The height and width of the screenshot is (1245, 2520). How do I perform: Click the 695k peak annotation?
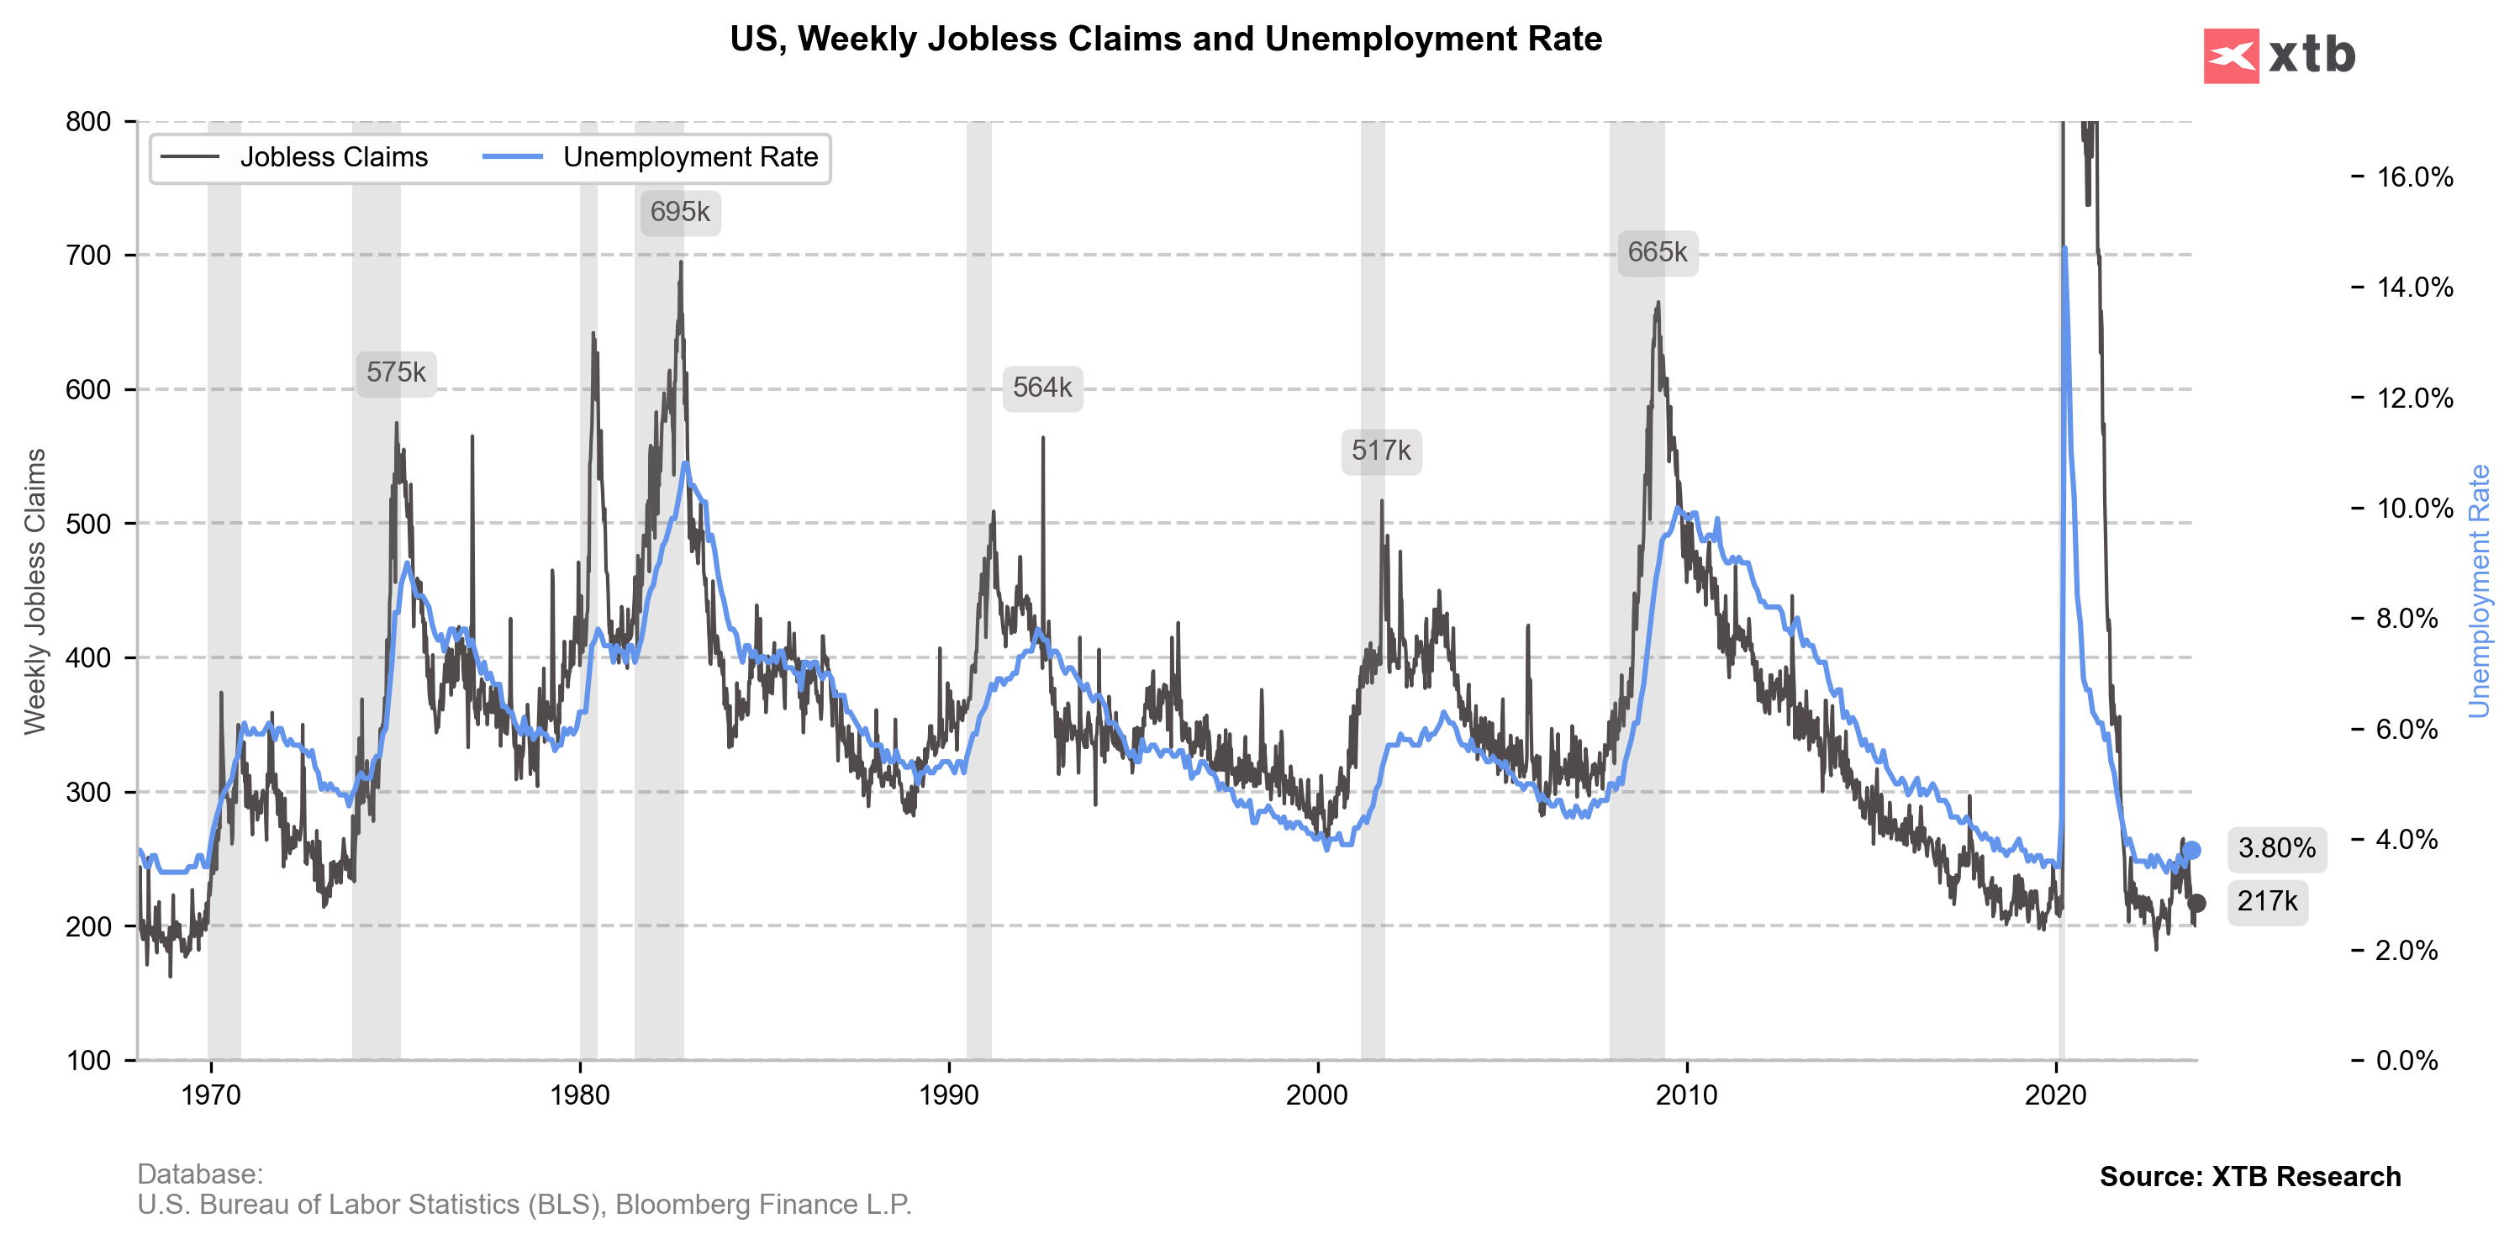click(x=680, y=212)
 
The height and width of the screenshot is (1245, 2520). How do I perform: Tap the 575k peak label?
click(x=396, y=372)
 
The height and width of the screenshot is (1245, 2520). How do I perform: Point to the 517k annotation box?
click(x=1380, y=451)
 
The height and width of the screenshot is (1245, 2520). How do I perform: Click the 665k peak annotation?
click(x=1658, y=252)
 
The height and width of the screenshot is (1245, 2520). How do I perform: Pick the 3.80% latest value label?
click(x=2276, y=848)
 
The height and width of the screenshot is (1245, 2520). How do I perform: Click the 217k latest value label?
click(x=2267, y=900)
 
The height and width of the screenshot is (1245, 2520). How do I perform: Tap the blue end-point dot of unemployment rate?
click(x=2192, y=851)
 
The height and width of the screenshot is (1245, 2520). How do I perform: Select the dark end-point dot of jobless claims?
click(x=2196, y=903)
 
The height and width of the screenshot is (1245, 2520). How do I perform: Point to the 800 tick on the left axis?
click(x=88, y=121)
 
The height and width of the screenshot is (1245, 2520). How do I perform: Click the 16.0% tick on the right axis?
click(x=2414, y=177)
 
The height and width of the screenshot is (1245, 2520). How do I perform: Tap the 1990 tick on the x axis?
click(x=949, y=1095)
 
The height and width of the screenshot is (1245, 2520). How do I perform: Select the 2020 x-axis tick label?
click(x=2056, y=1095)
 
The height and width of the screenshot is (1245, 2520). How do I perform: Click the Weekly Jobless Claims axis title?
click(x=35, y=591)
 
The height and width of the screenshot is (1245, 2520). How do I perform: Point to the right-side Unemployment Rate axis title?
click(x=2479, y=591)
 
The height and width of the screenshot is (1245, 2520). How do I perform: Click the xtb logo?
click(x=2280, y=55)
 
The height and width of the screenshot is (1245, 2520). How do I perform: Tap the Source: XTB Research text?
click(x=2249, y=1177)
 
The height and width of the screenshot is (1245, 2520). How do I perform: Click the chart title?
click(x=1165, y=40)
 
